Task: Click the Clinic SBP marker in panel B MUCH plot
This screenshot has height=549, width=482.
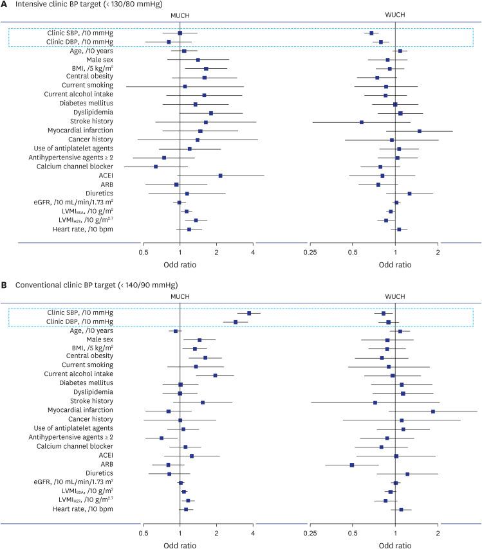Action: [249, 313]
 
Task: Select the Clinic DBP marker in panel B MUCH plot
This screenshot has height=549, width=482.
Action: [236, 322]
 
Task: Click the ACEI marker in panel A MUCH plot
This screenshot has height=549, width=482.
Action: [220, 175]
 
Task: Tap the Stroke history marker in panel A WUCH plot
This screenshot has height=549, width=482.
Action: [362, 122]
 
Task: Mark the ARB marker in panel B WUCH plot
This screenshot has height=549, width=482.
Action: [352, 465]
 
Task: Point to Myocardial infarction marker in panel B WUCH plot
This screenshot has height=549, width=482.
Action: [433, 411]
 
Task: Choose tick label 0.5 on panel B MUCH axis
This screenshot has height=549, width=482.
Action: [143, 533]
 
